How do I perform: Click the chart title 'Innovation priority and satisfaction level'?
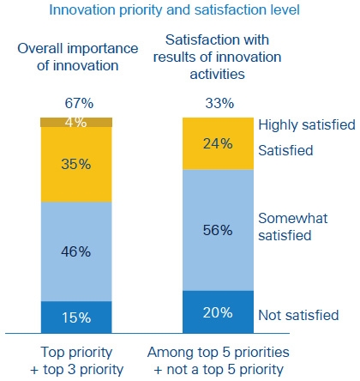point(174,10)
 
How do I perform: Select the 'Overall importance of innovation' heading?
point(78,57)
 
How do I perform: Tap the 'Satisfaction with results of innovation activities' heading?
point(217,57)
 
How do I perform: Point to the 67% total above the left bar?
point(79,103)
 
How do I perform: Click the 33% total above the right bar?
point(219,103)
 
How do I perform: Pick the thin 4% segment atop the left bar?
point(76,122)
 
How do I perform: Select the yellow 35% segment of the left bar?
point(76,165)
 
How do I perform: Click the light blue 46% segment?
point(76,251)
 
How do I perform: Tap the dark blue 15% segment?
point(76,317)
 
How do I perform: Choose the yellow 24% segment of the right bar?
point(218,143)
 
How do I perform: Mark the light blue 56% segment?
point(218,230)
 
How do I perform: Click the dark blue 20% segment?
point(218,312)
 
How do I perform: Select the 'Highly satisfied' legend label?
point(307,125)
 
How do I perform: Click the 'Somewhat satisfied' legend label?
point(293,227)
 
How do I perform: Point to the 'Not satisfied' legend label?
point(298,315)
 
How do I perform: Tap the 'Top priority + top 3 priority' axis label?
point(76,360)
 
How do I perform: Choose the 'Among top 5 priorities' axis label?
point(219,353)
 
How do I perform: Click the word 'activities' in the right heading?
point(217,75)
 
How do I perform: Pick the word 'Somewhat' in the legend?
point(293,219)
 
